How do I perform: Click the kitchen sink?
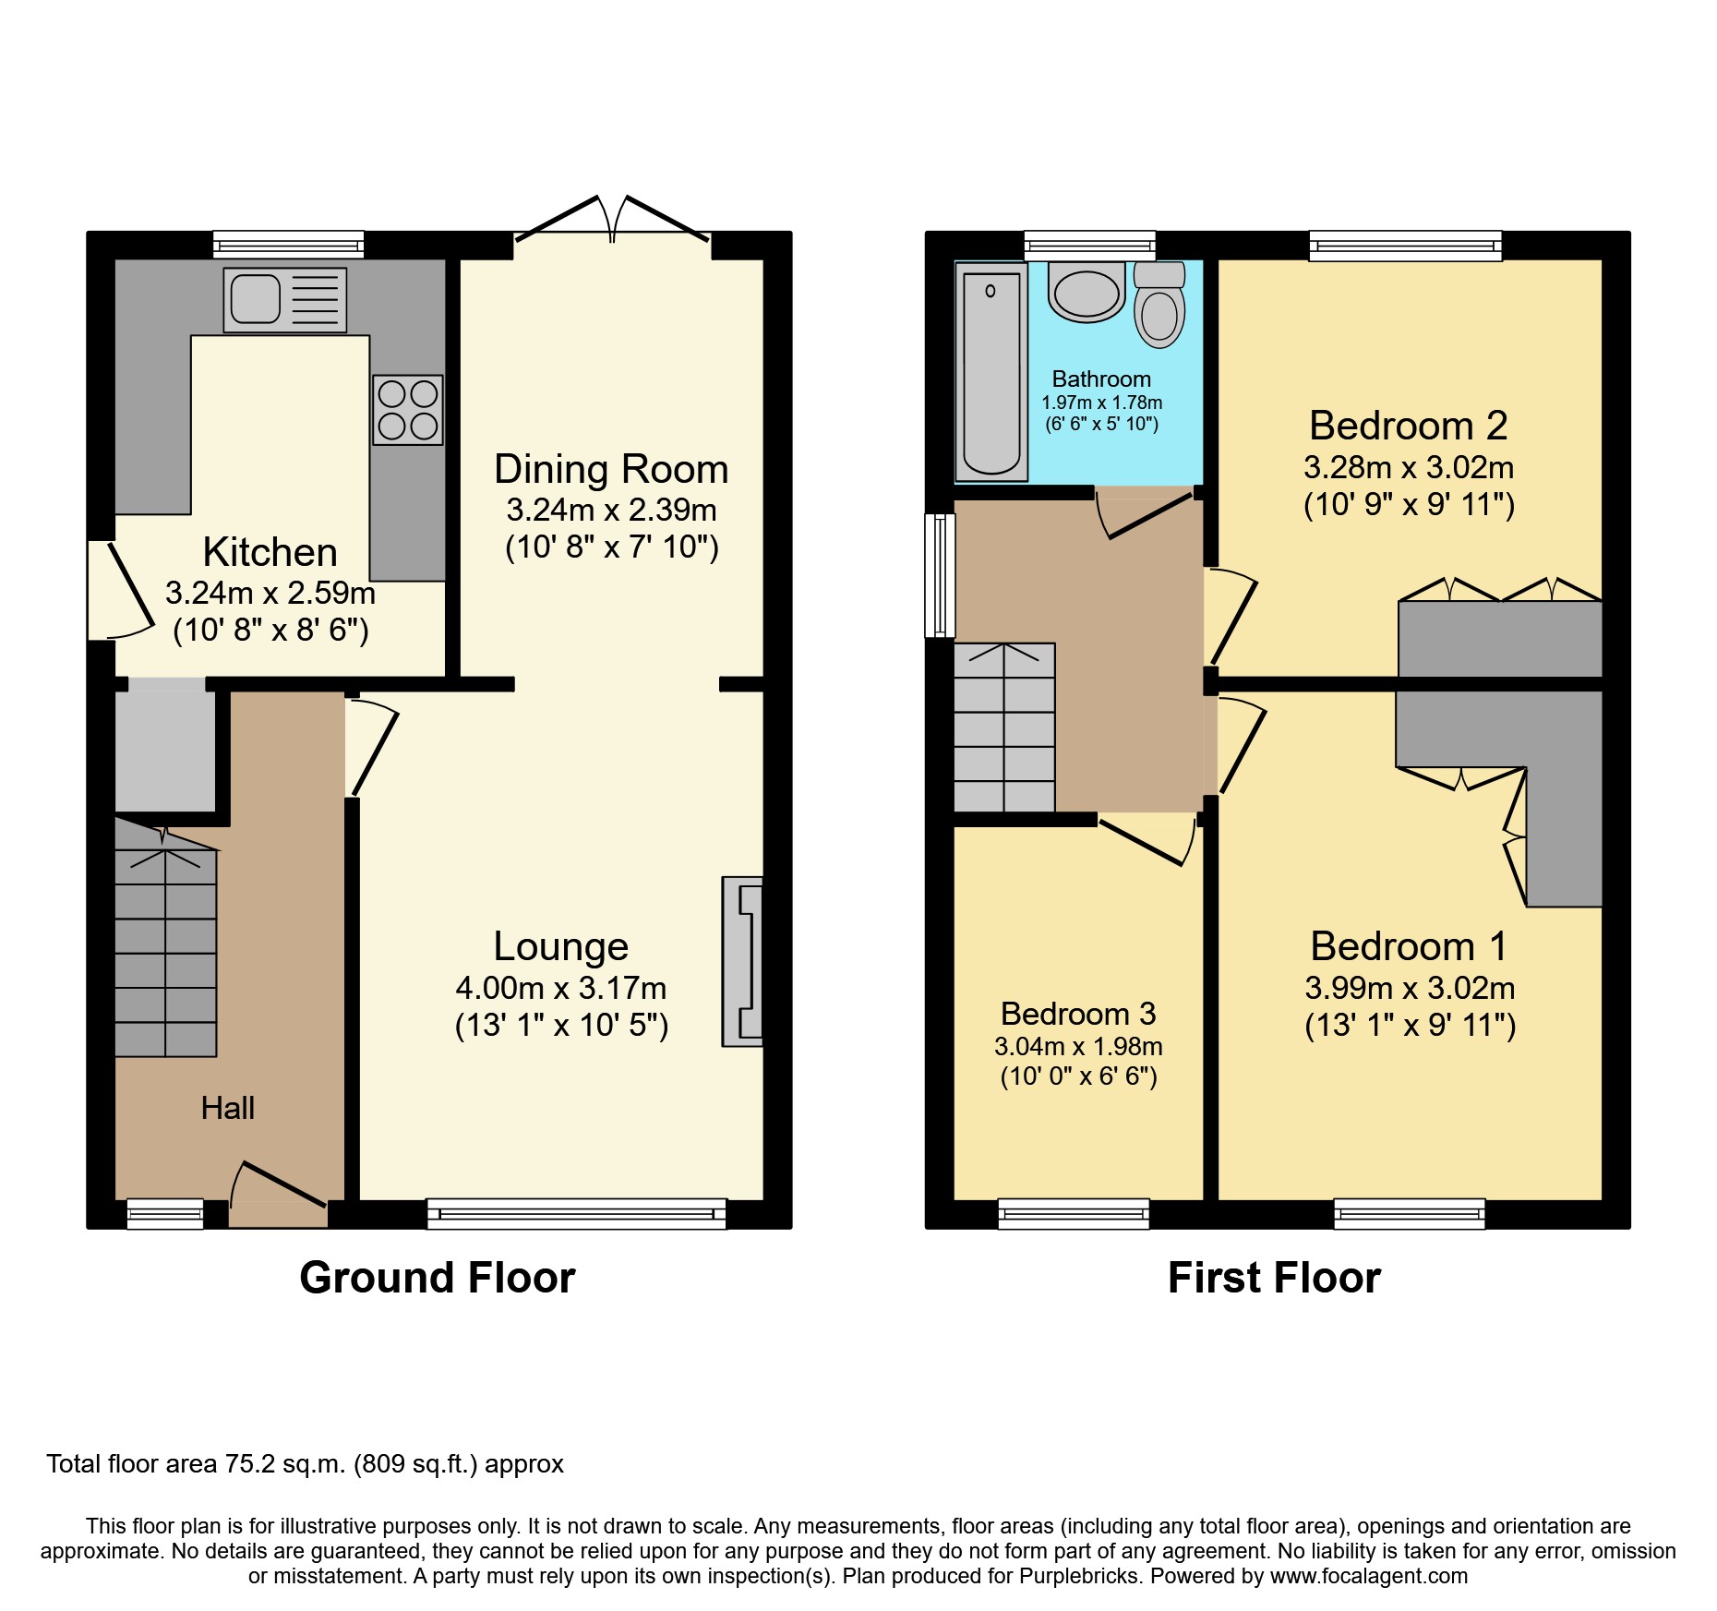pos(284,300)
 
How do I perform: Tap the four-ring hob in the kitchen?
pos(407,410)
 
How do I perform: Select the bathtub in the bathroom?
pos(991,371)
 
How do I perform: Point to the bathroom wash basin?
pos(1087,293)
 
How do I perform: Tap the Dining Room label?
pos(611,469)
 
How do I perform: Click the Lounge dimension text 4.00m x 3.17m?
pos(560,988)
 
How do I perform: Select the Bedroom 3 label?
pos(1078,1014)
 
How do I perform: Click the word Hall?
pos(227,1108)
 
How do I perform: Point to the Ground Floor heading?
pos(437,1278)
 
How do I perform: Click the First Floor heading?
pos(1274,1278)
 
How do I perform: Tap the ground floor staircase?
pos(166,951)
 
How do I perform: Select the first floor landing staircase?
pos(1004,727)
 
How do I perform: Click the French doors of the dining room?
pos(612,222)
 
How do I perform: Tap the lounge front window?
pos(576,1213)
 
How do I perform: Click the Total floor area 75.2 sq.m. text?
pos(305,1464)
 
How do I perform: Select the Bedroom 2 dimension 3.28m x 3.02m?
pos(1408,468)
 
